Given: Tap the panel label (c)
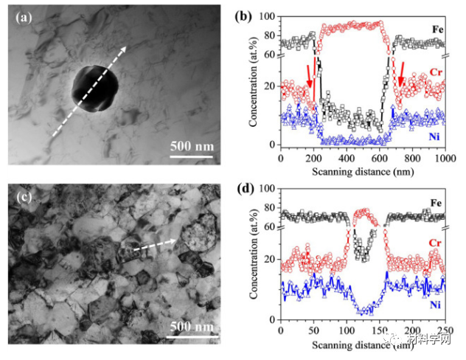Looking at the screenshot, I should click(24, 196).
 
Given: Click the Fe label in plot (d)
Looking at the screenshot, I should click(437, 201).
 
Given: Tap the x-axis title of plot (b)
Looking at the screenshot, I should click(361, 170).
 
